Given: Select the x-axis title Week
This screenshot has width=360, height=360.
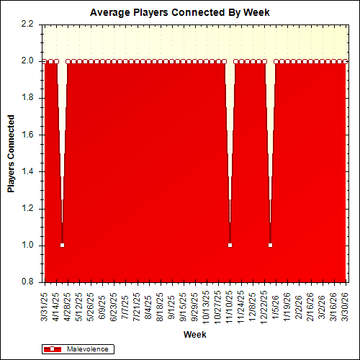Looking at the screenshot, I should click(195, 335).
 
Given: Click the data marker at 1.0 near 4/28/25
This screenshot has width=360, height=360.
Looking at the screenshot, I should click(62, 246).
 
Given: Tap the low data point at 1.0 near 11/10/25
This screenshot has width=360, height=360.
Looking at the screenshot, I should click(230, 246).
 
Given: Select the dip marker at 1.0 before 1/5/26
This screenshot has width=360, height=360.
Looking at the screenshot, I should click(271, 246).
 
